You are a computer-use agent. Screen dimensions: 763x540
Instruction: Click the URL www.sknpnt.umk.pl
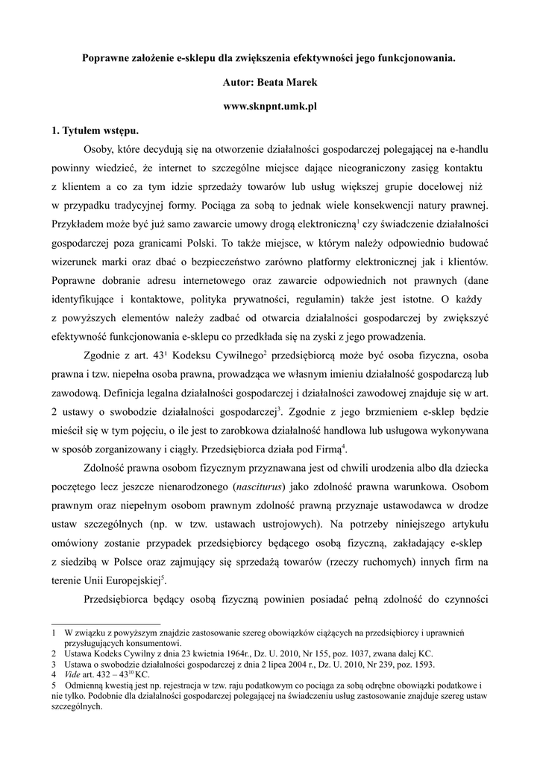(270, 107)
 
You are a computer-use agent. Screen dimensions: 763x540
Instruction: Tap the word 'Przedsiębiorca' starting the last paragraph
(122, 601)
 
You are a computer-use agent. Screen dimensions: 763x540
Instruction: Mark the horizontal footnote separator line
(105, 624)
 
